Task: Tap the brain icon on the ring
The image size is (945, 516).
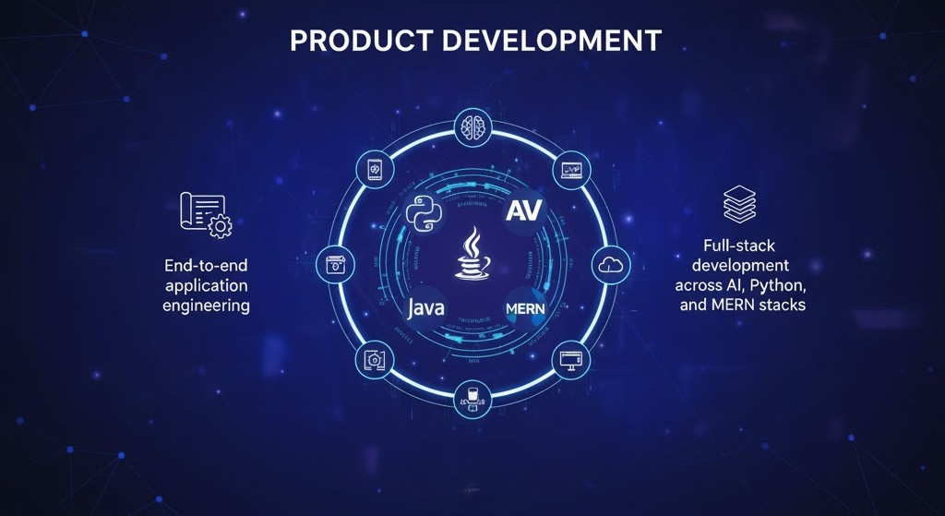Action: (472, 126)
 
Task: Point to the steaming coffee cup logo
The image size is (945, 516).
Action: (472, 256)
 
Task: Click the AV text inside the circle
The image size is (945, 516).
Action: (525, 209)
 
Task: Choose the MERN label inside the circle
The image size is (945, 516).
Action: (527, 307)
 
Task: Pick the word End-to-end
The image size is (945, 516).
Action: (205, 266)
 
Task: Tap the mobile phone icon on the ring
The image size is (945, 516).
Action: (374, 169)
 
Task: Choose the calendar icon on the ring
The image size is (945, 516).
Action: (334, 265)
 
